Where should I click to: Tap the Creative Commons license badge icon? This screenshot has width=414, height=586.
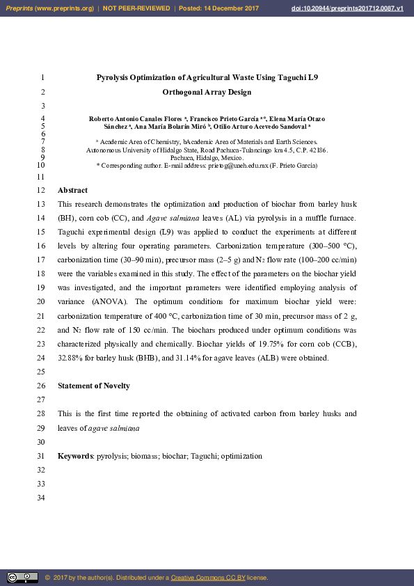[22, 577]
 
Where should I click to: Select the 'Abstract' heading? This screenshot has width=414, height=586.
[72, 190]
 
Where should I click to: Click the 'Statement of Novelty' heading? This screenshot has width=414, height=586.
[93, 386]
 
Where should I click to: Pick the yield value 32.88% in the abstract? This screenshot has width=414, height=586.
[71, 358]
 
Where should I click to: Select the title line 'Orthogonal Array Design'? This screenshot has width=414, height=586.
[207, 92]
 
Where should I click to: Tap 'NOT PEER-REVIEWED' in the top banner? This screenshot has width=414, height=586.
[136, 8]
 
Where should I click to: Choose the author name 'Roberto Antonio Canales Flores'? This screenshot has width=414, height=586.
[134, 119]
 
